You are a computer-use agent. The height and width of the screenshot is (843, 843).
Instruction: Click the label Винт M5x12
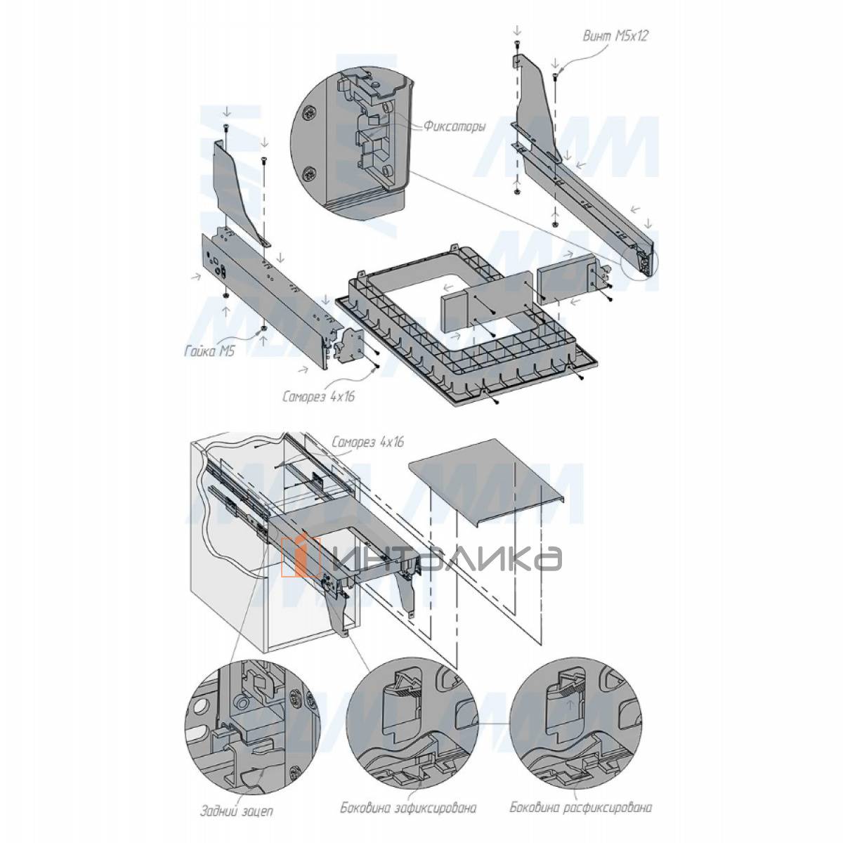(615, 37)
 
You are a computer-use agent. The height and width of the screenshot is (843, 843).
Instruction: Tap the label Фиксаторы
(454, 127)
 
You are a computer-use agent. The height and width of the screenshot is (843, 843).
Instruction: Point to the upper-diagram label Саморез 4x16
(318, 397)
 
